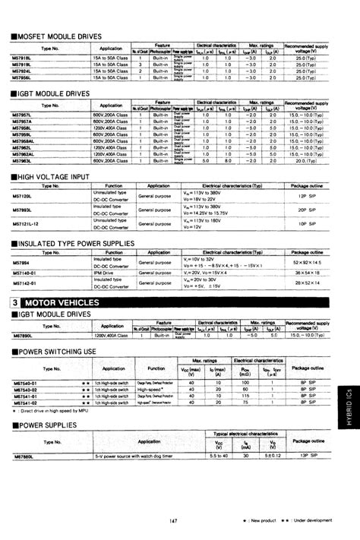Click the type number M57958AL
coord(31,141)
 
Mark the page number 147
coord(173,520)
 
